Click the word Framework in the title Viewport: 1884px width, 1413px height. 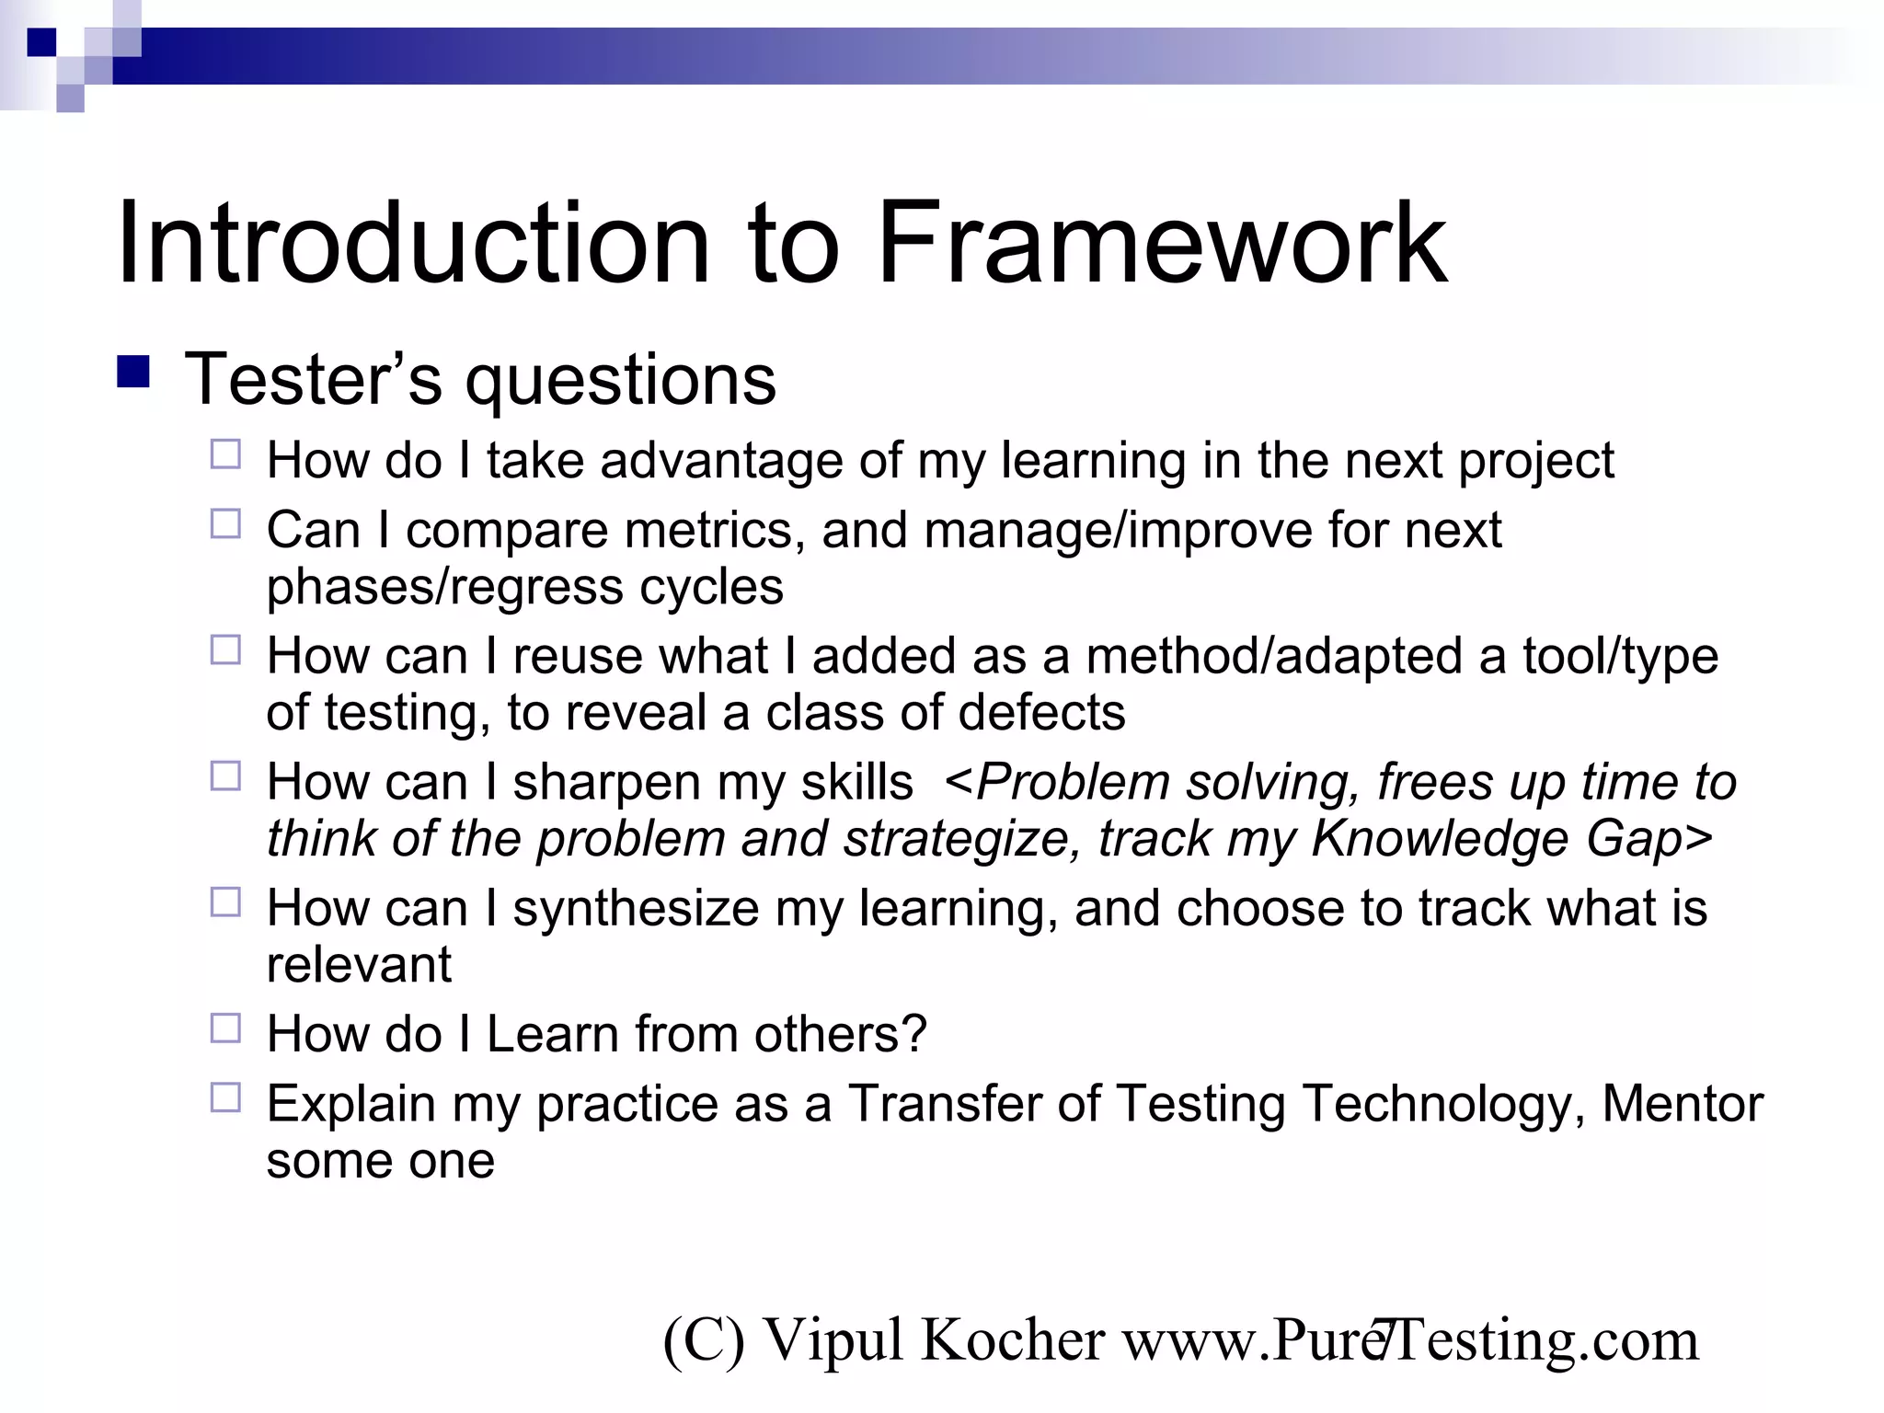pos(1161,244)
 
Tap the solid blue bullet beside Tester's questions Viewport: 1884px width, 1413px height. pos(133,373)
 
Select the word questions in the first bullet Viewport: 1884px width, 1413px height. pos(621,382)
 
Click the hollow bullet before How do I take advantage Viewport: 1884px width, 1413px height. pos(225,454)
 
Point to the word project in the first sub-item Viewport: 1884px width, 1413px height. pos(1535,463)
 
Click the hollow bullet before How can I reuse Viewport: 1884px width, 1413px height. pos(225,650)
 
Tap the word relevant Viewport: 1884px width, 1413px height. pos(359,965)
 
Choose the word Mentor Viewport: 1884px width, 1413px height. pos(1683,1104)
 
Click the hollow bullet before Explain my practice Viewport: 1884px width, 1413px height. pos(225,1097)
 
